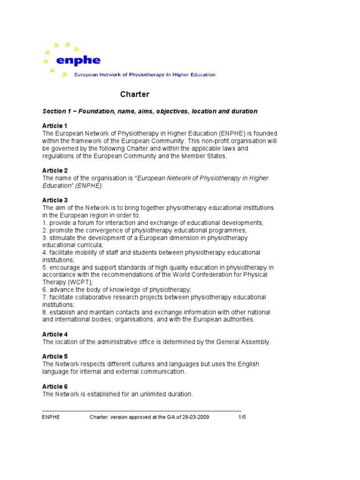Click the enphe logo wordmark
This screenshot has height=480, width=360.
coord(78,60)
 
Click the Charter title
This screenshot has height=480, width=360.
coord(135,94)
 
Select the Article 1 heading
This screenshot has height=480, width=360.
coord(55,126)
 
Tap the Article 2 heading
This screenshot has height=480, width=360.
coord(55,171)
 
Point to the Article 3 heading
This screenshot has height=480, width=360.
coord(55,200)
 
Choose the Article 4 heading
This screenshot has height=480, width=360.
coord(55,334)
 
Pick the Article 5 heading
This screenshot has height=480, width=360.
coord(55,356)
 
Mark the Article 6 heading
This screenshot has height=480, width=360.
coord(55,386)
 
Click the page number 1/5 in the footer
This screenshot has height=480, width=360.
coord(242,417)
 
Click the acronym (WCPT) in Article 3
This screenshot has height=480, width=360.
coord(80,282)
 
